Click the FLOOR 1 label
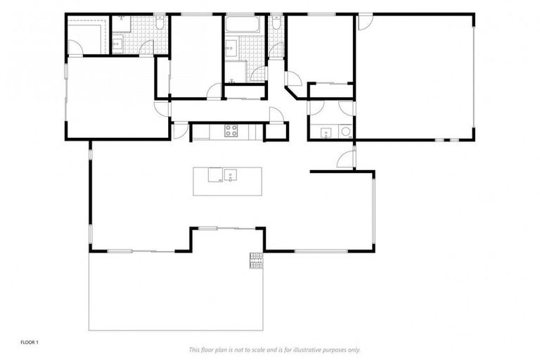(29, 342)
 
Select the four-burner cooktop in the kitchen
(231, 129)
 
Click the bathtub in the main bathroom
(243, 25)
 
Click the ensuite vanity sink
(117, 44)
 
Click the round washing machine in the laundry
(345, 131)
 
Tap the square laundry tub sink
(326, 131)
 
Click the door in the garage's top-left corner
(364, 21)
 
